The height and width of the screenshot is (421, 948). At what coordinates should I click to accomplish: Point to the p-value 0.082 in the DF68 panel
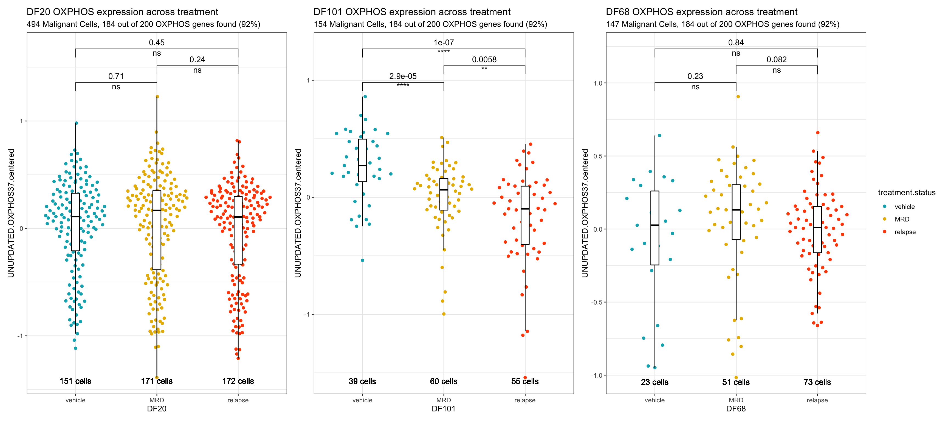pyautogui.click(x=777, y=59)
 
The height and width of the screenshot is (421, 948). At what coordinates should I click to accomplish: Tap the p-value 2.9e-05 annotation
pyautogui.click(x=403, y=76)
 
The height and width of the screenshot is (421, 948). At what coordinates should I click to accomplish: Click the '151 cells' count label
pyautogui.click(x=75, y=381)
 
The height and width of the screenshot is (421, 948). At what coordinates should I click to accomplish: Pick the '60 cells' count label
pyautogui.click(x=444, y=382)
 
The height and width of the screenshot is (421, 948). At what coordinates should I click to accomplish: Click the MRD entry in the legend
pyautogui.click(x=902, y=220)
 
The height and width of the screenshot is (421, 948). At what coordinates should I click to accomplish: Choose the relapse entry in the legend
pyautogui.click(x=905, y=232)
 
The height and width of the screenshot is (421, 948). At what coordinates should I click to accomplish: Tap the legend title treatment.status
pyautogui.click(x=906, y=193)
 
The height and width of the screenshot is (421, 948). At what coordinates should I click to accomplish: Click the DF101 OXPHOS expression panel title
pyautogui.click(x=412, y=12)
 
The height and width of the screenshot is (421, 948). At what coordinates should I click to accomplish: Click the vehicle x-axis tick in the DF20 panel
pyautogui.click(x=75, y=400)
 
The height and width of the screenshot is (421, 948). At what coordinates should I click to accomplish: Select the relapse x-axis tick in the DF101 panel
pyautogui.click(x=525, y=400)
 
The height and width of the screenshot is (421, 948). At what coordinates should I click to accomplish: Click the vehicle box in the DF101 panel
pyautogui.click(x=362, y=160)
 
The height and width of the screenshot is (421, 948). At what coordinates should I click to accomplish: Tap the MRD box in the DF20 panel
pyautogui.click(x=157, y=230)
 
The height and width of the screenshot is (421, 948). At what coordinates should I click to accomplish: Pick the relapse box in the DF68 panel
pyautogui.click(x=817, y=229)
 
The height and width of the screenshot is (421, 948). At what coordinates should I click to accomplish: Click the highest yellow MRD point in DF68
pyautogui.click(x=738, y=97)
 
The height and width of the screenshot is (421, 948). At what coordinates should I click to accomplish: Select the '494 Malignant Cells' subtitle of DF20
pyautogui.click(x=143, y=24)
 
